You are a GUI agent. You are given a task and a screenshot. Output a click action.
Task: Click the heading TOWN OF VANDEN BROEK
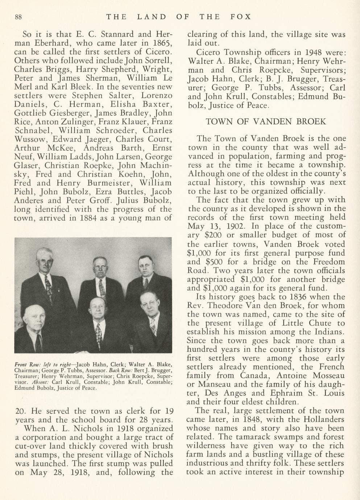(x=266, y=122)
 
